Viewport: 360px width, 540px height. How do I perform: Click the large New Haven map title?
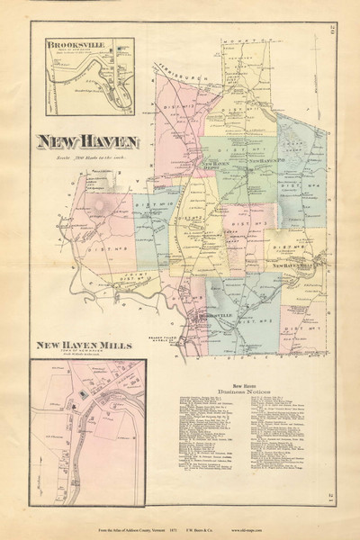(x=86, y=141)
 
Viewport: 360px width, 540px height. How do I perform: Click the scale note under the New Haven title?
(x=86, y=157)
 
